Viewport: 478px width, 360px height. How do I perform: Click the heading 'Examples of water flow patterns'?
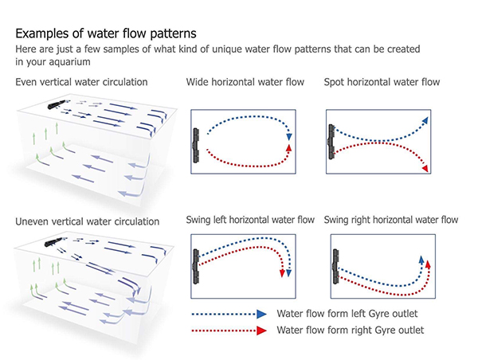click(106, 33)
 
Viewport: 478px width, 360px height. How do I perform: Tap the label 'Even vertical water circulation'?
click(81, 82)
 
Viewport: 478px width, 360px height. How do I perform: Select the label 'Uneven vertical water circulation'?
click(87, 221)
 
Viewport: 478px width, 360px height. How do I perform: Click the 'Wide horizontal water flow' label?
click(245, 82)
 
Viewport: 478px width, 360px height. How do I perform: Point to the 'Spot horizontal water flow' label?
click(382, 82)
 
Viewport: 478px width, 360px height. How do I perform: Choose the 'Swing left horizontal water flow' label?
click(250, 220)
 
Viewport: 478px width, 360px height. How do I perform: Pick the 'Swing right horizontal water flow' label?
click(391, 220)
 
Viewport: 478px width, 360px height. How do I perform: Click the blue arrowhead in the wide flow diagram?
click(289, 137)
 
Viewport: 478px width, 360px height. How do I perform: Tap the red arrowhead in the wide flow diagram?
click(289, 148)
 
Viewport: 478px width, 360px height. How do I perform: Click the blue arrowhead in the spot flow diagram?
click(425, 121)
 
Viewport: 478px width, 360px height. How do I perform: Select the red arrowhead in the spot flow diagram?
click(425, 168)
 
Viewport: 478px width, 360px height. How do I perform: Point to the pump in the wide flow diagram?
click(196, 146)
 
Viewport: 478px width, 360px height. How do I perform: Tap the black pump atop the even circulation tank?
click(57, 104)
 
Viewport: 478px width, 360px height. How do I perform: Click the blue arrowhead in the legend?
click(261, 314)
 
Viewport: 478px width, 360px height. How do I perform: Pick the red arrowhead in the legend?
click(261, 331)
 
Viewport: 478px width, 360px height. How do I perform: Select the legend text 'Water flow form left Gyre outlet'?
click(347, 313)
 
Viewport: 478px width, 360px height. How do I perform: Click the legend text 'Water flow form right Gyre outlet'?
click(350, 330)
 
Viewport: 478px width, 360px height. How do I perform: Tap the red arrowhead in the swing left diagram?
click(282, 273)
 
